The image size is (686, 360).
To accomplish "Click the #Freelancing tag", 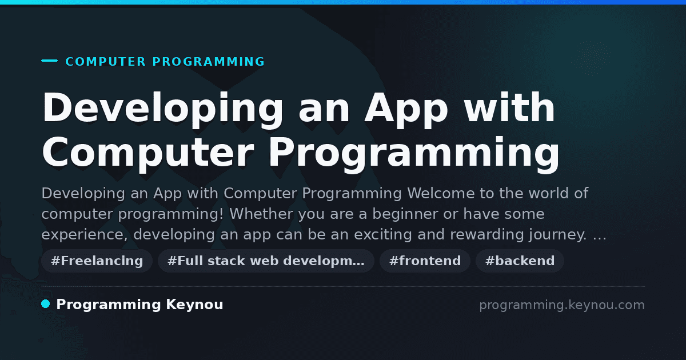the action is pos(97,261).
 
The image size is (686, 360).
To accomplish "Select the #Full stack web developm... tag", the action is pos(266,261).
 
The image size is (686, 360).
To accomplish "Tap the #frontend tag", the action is pos(425,261).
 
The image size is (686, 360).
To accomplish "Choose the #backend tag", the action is pos(520,261).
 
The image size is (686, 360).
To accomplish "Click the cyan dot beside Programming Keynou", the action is pos(46,304).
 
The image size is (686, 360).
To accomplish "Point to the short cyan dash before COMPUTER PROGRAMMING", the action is pos(49,61).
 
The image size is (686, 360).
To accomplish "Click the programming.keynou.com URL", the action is pos(562,305).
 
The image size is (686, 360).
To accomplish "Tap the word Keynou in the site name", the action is pos(194,305).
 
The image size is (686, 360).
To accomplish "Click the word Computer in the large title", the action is pos(148,153).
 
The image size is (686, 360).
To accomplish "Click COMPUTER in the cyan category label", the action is pos(106,62).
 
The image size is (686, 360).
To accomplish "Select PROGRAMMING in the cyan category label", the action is pos(209,62).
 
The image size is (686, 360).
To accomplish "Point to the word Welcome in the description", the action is pos(441,193).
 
